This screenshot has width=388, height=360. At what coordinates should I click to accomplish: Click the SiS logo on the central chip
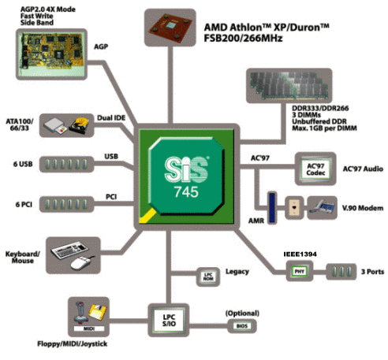pyautogui.click(x=186, y=169)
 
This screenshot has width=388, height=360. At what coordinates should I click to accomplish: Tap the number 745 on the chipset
pyautogui.click(x=186, y=192)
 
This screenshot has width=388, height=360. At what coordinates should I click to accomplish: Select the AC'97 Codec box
pyautogui.click(x=315, y=169)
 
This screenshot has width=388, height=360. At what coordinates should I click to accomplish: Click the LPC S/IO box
pyautogui.click(x=169, y=321)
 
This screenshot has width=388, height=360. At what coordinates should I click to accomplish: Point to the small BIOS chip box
pyautogui.click(x=242, y=326)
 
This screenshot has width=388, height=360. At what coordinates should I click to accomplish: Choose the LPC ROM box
pyautogui.click(x=208, y=276)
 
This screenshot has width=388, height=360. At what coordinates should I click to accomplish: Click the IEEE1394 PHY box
pyautogui.click(x=300, y=271)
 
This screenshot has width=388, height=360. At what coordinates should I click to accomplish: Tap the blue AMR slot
pyautogui.click(x=272, y=208)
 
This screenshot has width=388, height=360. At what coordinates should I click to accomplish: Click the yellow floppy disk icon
pyautogui.click(x=98, y=312)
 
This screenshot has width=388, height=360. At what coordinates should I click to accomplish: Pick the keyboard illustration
pyautogui.click(x=69, y=249)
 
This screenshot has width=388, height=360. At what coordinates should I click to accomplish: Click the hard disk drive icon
pyautogui.click(x=79, y=125)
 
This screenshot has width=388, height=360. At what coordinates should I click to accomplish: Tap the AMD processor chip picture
pyautogui.click(x=170, y=27)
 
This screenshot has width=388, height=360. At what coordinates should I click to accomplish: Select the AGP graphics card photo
pyautogui.click(x=51, y=54)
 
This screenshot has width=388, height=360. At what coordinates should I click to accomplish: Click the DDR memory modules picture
pyautogui.click(x=289, y=85)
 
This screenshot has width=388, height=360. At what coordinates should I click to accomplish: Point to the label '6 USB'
pyautogui.click(x=23, y=164)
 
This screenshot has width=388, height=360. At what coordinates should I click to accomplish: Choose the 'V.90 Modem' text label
pyautogui.click(x=363, y=208)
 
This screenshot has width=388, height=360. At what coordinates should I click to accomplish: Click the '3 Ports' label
pyautogui.click(x=372, y=272)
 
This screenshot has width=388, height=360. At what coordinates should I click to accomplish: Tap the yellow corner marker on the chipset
pyautogui.click(x=147, y=216)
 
